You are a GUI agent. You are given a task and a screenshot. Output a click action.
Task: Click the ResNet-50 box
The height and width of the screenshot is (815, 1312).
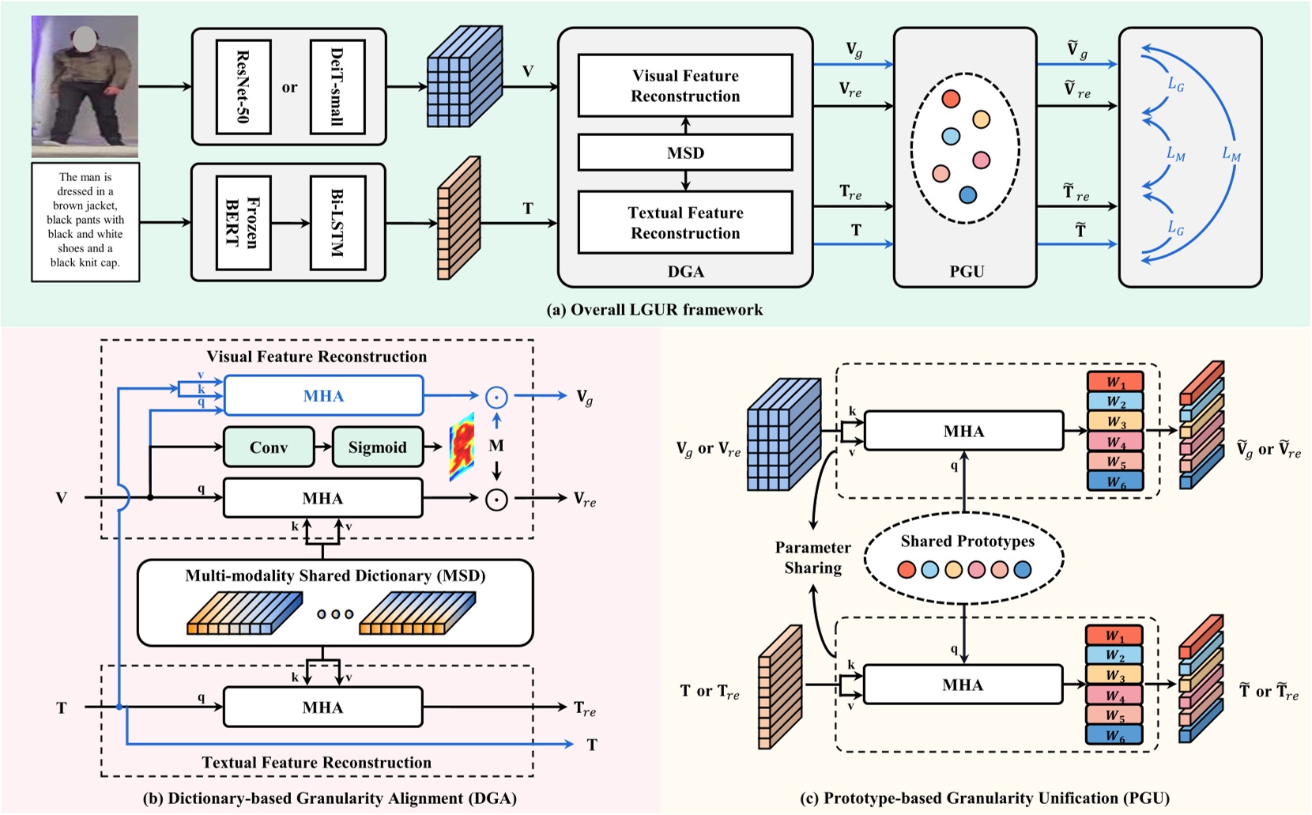click(243, 87)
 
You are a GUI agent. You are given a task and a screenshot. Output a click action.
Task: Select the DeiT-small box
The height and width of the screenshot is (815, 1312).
click(337, 87)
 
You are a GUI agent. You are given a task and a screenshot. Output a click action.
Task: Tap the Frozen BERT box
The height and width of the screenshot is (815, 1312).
click(243, 222)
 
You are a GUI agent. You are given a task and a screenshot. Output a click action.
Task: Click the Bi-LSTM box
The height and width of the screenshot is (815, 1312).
click(337, 222)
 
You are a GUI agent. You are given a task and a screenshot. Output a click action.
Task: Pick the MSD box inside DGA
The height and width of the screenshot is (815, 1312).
click(685, 153)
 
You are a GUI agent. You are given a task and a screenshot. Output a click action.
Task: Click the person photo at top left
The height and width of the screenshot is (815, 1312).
click(85, 86)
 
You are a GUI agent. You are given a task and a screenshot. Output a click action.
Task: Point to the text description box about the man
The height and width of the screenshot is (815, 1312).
click(85, 221)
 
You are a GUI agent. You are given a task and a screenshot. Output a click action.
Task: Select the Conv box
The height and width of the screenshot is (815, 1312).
click(269, 447)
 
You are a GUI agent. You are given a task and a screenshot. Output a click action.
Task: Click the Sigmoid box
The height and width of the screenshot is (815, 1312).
click(377, 447)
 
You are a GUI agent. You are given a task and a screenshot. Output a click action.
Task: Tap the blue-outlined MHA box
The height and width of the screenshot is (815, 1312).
click(323, 396)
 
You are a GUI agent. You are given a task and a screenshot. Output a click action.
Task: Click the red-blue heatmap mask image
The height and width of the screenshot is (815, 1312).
click(462, 448)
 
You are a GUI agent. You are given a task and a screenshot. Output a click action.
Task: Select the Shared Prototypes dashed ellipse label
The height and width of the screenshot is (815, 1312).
click(967, 541)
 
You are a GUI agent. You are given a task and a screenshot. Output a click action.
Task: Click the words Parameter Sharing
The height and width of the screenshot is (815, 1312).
click(812, 557)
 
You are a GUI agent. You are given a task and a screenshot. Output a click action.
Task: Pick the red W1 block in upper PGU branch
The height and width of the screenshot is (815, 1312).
click(1114, 382)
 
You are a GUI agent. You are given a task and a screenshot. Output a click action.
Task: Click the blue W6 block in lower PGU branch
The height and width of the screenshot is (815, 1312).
click(1114, 735)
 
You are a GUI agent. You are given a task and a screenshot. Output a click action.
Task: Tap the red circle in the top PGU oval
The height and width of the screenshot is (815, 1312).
click(951, 99)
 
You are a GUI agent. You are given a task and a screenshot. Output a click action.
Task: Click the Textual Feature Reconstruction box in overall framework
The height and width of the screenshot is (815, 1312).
click(685, 223)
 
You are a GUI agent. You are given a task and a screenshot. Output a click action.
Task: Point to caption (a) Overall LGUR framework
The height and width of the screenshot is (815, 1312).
click(654, 310)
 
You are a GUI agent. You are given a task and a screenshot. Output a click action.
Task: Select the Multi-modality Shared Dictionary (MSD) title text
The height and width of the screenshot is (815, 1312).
click(335, 575)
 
